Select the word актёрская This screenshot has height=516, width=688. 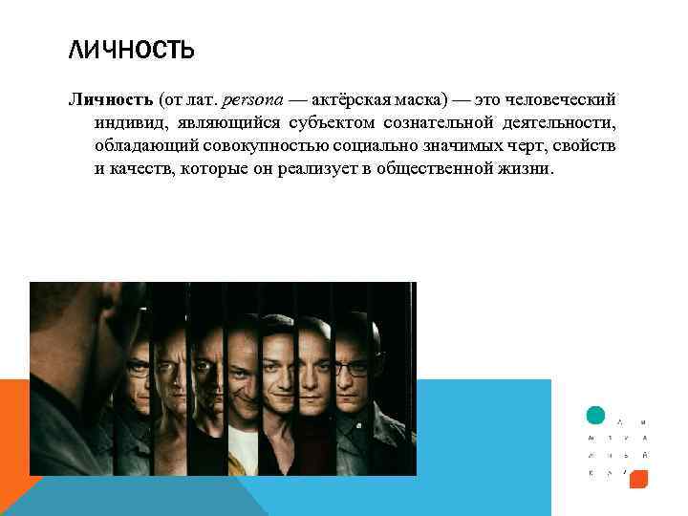[x=349, y=100]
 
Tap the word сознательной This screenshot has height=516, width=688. [x=440, y=123]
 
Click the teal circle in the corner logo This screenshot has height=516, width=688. [x=595, y=415]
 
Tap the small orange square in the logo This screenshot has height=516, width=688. [x=639, y=478]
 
